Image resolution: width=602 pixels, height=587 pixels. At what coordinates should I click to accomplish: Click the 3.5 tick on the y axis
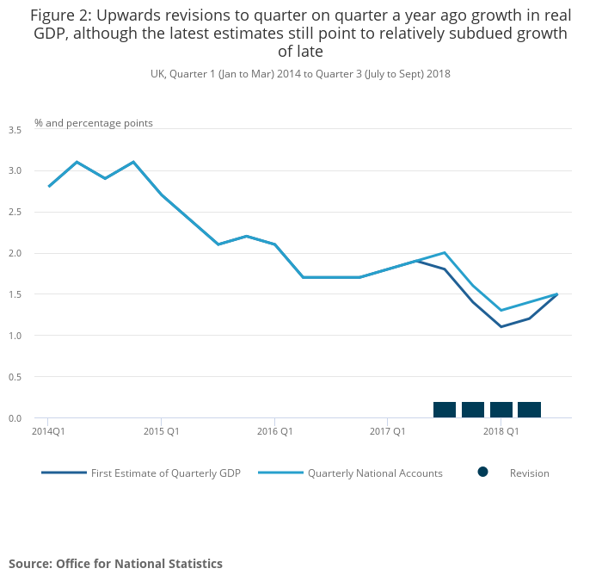[15, 130]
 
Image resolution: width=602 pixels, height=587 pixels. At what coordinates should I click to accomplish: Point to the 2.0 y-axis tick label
[15, 253]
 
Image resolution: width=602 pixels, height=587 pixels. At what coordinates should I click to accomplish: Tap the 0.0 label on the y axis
[15, 418]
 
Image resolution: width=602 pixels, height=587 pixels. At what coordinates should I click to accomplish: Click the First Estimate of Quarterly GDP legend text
[165, 473]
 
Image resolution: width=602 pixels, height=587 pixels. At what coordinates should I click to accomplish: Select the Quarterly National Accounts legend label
[375, 473]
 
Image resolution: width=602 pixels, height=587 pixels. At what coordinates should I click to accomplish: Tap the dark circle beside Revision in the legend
[482, 472]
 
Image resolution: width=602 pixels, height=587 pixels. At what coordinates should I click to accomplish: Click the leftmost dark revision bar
[445, 410]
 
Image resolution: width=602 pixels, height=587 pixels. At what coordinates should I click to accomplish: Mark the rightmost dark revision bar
[529, 410]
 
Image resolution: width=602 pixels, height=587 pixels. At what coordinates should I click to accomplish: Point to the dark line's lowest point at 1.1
[501, 326]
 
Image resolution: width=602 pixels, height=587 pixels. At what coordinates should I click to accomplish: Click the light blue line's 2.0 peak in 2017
[445, 252]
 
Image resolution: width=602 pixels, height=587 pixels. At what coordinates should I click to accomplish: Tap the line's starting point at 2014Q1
[49, 186]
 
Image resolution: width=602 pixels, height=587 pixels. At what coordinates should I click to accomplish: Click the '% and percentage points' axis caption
[94, 123]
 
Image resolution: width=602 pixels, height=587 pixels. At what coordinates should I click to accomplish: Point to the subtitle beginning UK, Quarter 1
[300, 74]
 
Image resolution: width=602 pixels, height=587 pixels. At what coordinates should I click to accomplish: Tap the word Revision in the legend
[529, 473]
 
